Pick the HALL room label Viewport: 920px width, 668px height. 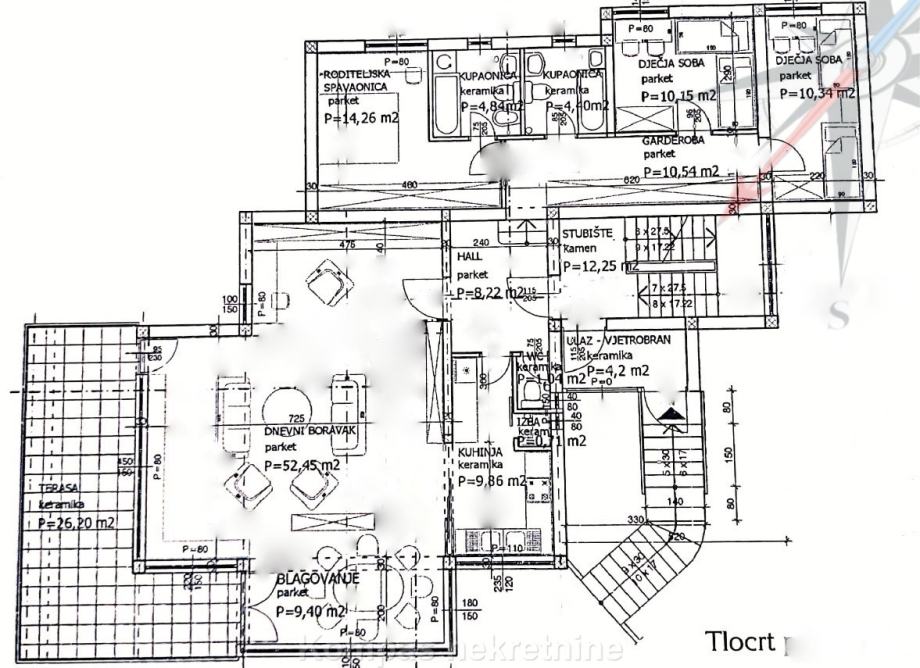click(x=470, y=257)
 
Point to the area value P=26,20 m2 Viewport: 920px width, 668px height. click(x=76, y=522)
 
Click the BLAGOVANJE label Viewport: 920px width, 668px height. click(x=318, y=577)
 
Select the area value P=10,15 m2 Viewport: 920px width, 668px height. click(x=677, y=96)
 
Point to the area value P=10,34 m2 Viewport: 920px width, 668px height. click(x=817, y=94)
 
